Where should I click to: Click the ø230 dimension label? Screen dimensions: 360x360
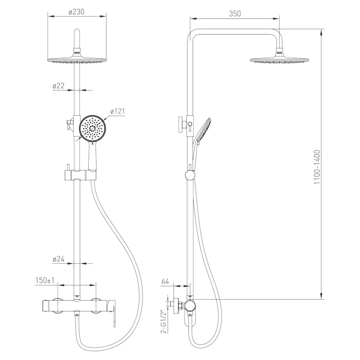pos(77,11)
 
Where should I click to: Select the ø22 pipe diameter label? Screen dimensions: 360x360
pos(59,86)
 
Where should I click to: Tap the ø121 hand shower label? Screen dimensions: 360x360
pos(118,111)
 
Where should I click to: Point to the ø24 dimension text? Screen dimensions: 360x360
pos(59,260)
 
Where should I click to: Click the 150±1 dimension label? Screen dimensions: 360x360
pos(45,280)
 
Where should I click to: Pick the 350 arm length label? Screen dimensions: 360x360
pos(235,14)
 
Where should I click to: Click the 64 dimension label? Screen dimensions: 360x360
pos(165,281)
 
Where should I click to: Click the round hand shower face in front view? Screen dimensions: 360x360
pos(93,128)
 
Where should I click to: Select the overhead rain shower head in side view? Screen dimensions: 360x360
pos(279,60)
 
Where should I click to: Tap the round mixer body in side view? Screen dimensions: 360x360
pos(190,305)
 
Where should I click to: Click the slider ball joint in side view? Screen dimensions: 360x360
pos(190,175)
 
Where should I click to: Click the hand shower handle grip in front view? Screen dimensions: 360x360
pos(93,156)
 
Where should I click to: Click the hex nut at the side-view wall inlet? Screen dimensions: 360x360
pos(181,306)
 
